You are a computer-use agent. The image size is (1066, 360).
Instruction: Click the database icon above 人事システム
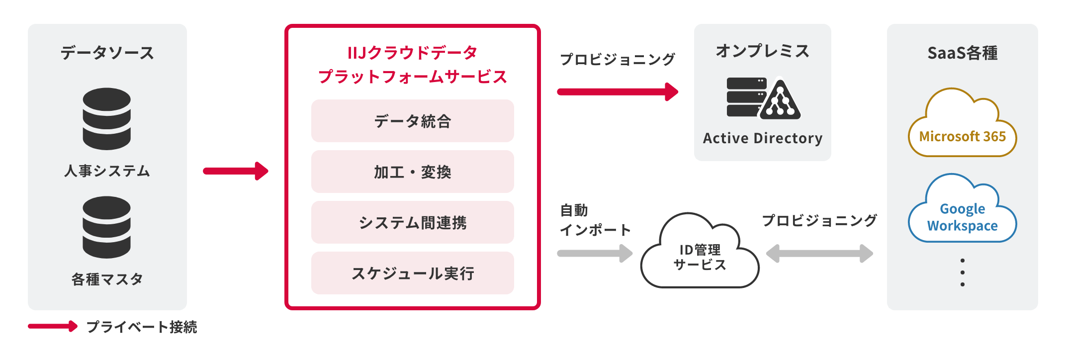107,119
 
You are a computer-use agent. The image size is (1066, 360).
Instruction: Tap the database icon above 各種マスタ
107,227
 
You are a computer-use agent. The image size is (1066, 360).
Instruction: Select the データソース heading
107,53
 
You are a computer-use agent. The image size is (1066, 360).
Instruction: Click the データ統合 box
412,121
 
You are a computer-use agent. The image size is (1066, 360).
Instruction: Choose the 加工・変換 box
412,172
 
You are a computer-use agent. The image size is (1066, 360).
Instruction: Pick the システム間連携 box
412,222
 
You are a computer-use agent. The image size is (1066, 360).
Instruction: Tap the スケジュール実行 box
412,273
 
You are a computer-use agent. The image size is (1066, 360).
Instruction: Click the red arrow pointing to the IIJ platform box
235,171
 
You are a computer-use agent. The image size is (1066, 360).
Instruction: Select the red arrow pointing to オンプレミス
617,91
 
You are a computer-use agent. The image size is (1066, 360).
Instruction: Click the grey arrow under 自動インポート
595,253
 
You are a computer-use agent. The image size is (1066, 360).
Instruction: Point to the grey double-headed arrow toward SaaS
819,253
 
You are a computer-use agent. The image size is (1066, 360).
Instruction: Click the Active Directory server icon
763,98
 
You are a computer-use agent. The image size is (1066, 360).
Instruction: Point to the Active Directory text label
763,138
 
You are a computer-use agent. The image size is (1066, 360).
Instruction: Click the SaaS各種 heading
962,53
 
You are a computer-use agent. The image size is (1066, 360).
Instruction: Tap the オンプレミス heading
763,51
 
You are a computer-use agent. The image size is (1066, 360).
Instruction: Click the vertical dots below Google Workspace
963,272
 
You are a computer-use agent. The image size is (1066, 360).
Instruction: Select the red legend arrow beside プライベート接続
53,326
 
